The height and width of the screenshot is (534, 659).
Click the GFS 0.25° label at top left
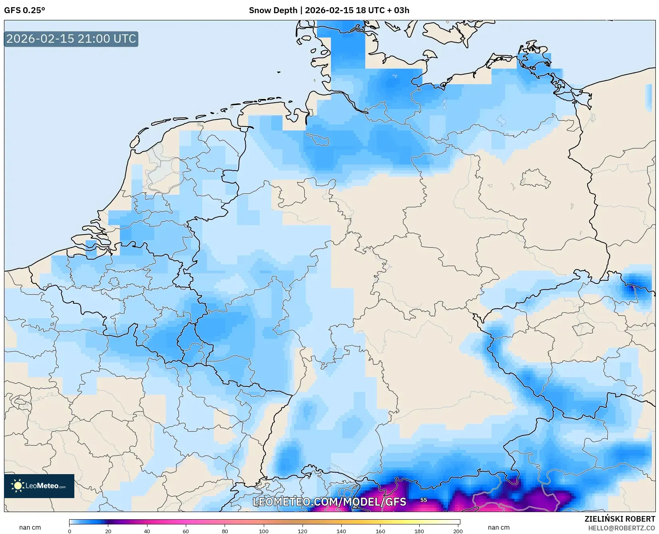click(x=24, y=10)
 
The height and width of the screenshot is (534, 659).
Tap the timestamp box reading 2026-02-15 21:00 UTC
click(x=71, y=39)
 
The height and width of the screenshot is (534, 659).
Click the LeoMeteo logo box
click(x=39, y=486)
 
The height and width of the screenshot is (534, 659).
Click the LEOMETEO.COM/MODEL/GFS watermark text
click(x=329, y=502)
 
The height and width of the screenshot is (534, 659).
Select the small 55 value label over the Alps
click(x=424, y=500)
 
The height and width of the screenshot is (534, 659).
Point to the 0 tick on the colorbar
click(x=70, y=531)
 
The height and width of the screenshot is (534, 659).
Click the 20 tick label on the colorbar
click(x=108, y=531)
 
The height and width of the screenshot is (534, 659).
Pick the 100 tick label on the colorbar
click(x=263, y=531)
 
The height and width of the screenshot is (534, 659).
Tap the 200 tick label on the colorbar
click(x=458, y=531)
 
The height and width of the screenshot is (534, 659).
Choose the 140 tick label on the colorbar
click(x=341, y=531)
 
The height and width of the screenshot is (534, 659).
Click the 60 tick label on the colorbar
click(x=186, y=531)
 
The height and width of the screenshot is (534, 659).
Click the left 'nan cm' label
click(x=30, y=527)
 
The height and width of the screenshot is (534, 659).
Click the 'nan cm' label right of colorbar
click(x=498, y=527)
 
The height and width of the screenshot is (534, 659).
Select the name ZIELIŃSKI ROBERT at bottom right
click(x=620, y=519)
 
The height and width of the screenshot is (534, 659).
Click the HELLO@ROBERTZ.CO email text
click(x=621, y=528)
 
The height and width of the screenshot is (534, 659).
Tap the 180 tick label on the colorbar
click(x=419, y=531)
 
